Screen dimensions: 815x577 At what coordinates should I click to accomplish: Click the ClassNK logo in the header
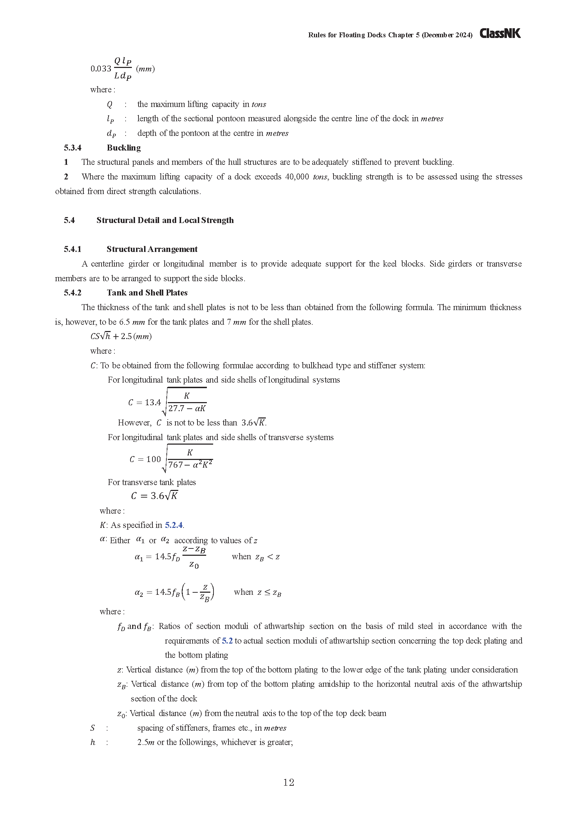[x=500, y=33]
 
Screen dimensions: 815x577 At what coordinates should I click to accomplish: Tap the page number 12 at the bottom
[x=288, y=782]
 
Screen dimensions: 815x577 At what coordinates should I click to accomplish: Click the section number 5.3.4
[x=73, y=148]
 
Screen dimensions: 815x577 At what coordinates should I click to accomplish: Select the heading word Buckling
[x=123, y=148]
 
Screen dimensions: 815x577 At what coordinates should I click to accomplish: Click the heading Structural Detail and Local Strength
[x=165, y=220]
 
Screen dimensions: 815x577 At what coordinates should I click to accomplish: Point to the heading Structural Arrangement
[x=152, y=249]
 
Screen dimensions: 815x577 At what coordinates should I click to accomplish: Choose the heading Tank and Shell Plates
[x=147, y=292]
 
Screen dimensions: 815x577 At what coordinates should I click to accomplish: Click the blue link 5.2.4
[x=174, y=525]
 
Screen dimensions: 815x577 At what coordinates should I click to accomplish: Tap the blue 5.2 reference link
[x=227, y=641]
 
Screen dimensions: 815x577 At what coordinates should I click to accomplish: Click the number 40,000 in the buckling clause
[x=297, y=177]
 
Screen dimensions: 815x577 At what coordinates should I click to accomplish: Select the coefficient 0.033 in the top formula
[x=101, y=69]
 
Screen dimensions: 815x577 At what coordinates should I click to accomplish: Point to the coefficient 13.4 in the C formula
[x=153, y=402]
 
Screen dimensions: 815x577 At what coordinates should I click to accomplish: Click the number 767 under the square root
[x=175, y=465]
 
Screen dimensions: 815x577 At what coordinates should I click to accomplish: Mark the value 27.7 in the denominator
[x=176, y=409]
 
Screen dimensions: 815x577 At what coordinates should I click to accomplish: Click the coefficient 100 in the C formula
[x=153, y=459]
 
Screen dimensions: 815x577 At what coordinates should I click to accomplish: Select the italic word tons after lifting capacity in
[x=258, y=105]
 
